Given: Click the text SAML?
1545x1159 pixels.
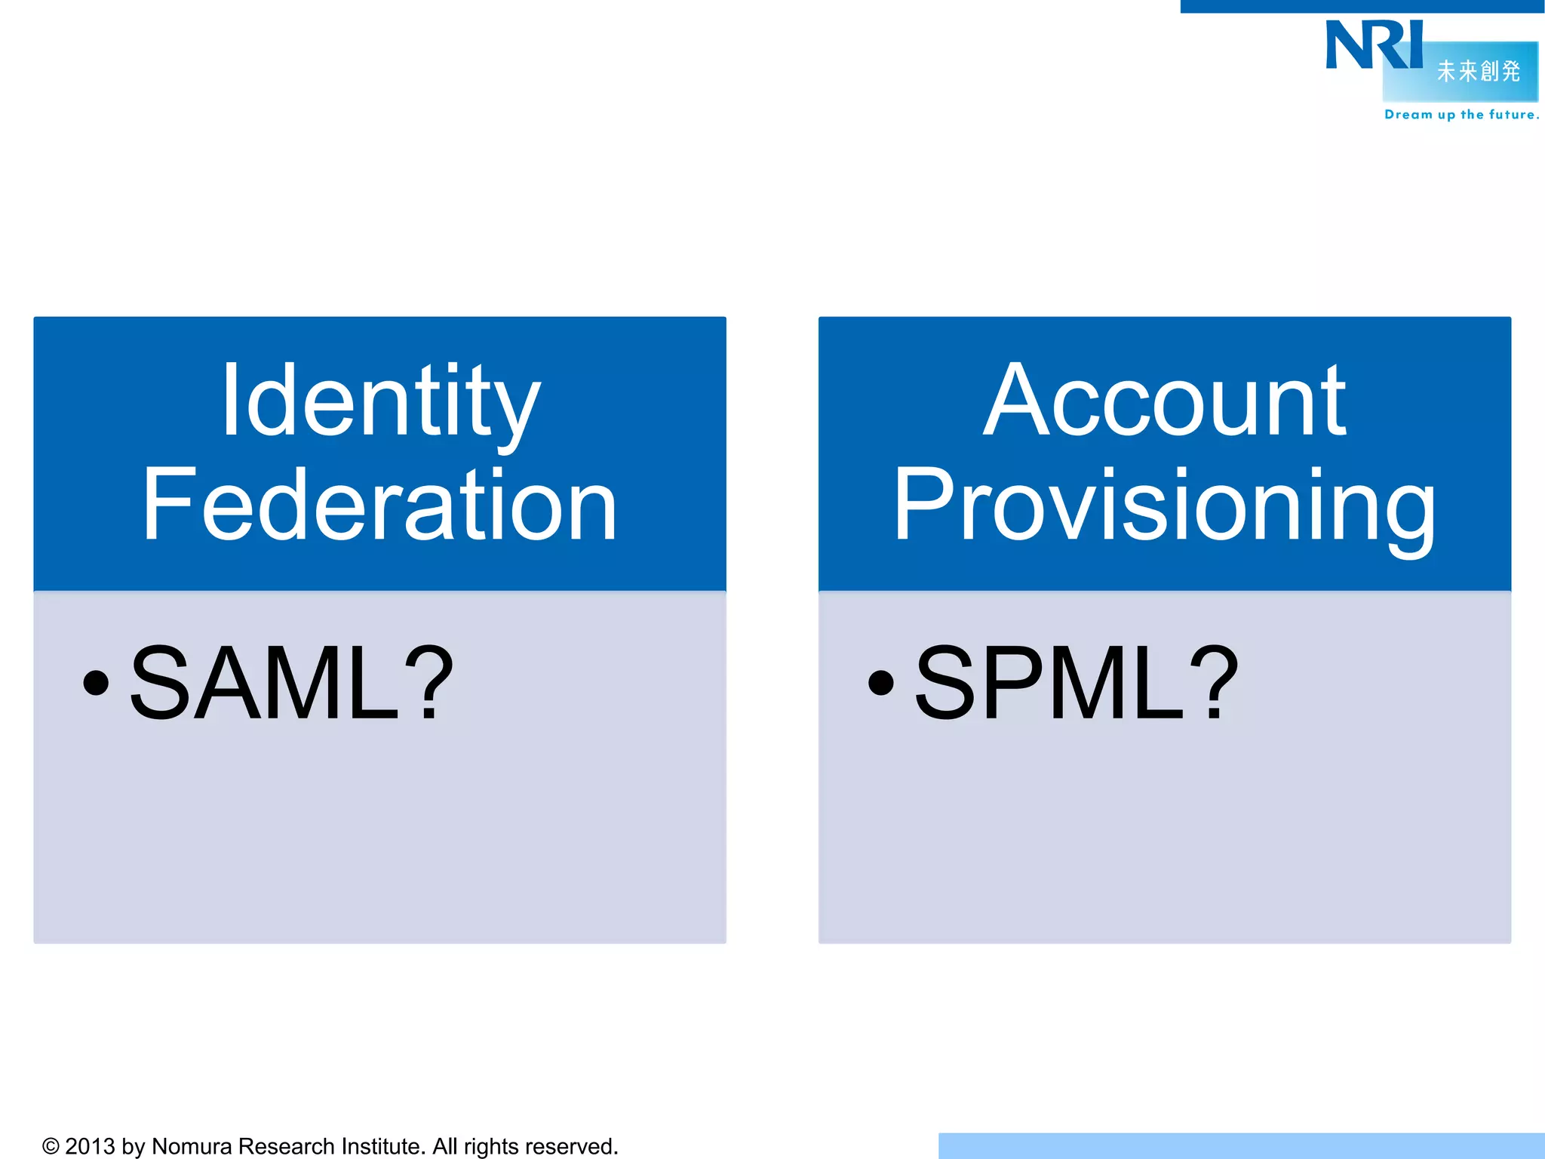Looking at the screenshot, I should click(x=291, y=683).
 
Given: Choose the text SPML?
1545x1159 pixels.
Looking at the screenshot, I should click(x=1076, y=683).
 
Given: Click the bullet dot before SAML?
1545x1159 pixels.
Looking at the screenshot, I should click(x=97, y=683).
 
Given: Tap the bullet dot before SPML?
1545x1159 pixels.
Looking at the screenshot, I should click(x=881, y=683).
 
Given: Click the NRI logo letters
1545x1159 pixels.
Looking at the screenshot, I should click(x=1373, y=45).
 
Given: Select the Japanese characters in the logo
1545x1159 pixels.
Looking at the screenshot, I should click(x=1478, y=71).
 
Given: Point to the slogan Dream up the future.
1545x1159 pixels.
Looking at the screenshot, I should click(x=1461, y=115).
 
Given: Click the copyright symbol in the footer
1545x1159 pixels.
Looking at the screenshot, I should click(x=51, y=1147).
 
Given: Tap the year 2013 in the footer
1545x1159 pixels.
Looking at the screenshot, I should click(x=90, y=1147).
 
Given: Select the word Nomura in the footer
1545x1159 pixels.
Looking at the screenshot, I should click(x=192, y=1147).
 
